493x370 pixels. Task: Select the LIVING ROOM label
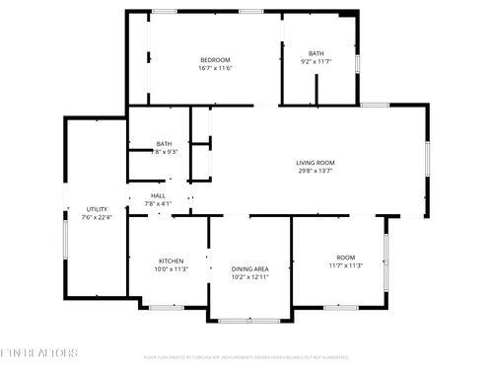pos(316,163)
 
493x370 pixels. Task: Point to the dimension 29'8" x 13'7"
pos(316,171)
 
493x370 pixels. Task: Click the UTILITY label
pos(97,209)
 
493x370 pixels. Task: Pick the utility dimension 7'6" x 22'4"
pos(97,217)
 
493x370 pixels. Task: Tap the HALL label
pos(158,196)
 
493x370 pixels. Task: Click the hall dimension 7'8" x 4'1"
pos(158,204)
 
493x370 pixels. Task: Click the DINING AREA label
pos(249,268)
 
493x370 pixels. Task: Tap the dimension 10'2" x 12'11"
pos(249,276)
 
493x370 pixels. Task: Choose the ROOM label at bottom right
pos(345,257)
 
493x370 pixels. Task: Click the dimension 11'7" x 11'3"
pos(345,264)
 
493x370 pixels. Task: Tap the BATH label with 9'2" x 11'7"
pos(316,53)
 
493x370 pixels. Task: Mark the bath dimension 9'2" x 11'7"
pos(316,61)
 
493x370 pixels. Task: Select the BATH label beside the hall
pos(164,143)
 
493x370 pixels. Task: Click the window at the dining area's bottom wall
pos(248,320)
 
